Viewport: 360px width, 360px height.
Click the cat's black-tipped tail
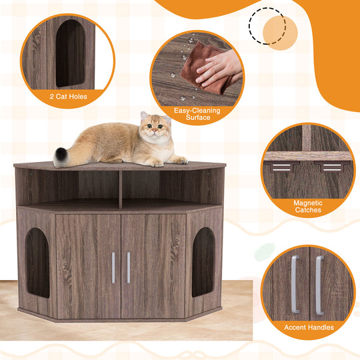(x=61, y=156)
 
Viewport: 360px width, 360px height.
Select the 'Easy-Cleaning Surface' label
(x=193, y=114)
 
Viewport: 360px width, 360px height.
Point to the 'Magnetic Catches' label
(x=307, y=206)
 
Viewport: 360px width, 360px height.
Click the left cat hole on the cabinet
(x=37, y=262)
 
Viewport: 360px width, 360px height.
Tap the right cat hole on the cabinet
(x=203, y=261)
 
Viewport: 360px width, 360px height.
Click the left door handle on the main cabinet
(x=113, y=267)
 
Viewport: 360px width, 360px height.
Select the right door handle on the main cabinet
(x=129, y=267)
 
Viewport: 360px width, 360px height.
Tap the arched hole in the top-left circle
(x=70, y=53)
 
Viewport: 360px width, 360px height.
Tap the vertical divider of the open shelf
(x=120, y=188)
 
